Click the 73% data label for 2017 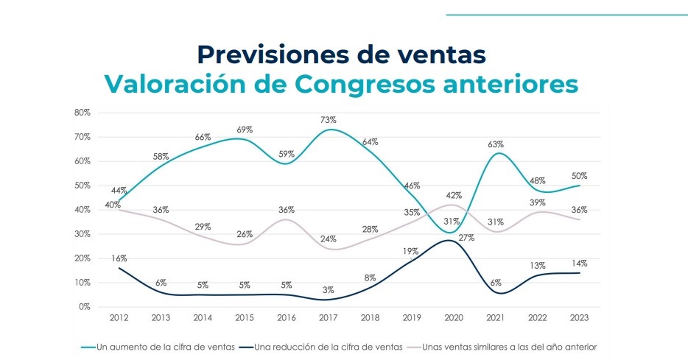329,120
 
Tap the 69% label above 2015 245,130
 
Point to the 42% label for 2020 454,196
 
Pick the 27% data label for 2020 466,238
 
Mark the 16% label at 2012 119,258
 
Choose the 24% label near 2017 329,239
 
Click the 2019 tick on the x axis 413,318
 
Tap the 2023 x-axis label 580,318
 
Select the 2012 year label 119,318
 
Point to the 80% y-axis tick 82,113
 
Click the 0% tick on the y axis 84,307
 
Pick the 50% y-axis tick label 82,186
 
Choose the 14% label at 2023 580,263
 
